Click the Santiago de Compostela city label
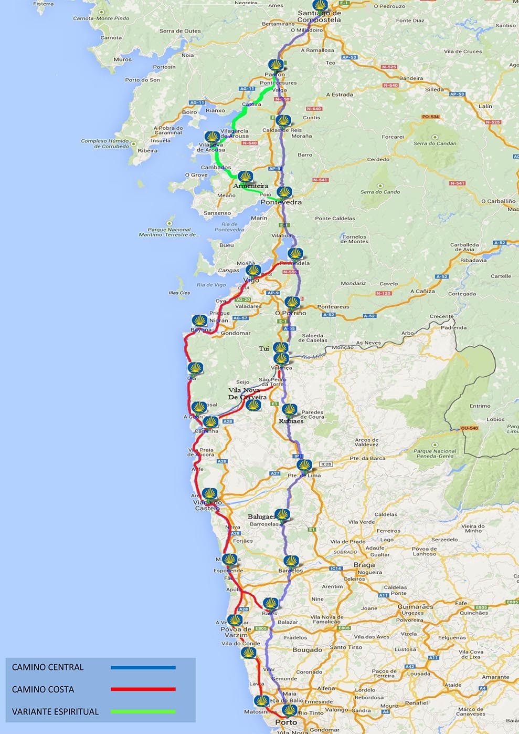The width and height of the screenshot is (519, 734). coord(319,16)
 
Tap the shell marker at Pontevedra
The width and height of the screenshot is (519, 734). coord(284,193)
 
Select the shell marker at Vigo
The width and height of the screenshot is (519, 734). coord(253,271)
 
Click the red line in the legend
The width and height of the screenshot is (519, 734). coord(143,689)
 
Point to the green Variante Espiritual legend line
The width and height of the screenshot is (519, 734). coord(143,711)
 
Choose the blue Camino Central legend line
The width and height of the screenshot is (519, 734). coord(143,667)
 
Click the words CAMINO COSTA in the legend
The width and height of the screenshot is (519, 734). coord(43,689)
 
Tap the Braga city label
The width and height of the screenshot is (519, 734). coord(364,565)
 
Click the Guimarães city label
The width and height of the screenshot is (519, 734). coord(415,606)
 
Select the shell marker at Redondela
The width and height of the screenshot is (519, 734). coord(295,254)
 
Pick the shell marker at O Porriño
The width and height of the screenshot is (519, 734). coord(292,303)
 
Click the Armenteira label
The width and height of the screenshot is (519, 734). coord(251,185)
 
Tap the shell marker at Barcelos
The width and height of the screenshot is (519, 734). coord(291,562)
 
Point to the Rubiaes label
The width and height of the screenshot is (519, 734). coord(291,421)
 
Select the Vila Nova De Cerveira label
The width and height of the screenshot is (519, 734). coord(247,394)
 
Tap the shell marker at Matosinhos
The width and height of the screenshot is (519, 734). coord(261,701)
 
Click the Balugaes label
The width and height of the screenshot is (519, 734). coord(262,516)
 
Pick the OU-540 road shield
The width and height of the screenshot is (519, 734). coord(470,428)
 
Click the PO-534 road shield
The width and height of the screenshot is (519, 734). coord(430,117)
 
